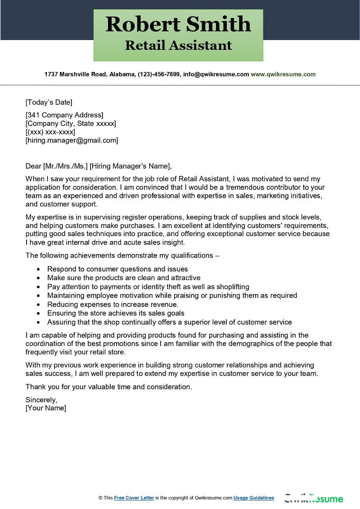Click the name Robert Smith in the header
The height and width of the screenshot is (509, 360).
click(x=178, y=24)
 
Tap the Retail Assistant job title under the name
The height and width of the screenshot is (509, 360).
click(x=178, y=45)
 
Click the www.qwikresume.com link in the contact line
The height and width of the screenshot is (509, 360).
click(x=283, y=74)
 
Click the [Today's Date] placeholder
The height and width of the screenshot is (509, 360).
click(x=49, y=102)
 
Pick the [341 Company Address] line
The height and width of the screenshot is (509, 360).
click(x=64, y=115)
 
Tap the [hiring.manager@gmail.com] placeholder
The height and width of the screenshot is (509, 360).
click(x=72, y=140)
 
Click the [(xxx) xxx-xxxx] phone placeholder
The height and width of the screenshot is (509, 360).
click(x=50, y=132)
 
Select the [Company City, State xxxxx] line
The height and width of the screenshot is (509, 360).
click(x=71, y=123)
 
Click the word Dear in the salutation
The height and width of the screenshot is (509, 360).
click(x=33, y=166)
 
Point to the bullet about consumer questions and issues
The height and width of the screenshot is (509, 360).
click(x=117, y=269)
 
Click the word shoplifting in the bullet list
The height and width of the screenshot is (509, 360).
click(x=229, y=287)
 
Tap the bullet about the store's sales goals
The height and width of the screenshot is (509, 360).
click(x=116, y=313)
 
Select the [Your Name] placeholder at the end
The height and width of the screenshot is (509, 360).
click(x=45, y=408)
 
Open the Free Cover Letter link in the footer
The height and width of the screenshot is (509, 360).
click(x=134, y=498)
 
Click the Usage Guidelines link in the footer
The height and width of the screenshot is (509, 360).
click(x=254, y=498)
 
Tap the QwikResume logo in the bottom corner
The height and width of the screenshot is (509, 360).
click(x=313, y=498)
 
